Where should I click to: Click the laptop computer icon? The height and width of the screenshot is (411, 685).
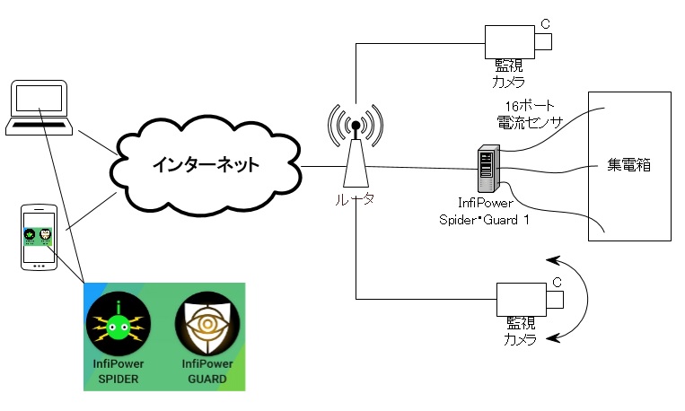point(38,108)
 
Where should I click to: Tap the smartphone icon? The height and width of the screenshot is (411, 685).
point(39,238)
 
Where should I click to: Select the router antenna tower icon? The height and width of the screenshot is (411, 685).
point(356,148)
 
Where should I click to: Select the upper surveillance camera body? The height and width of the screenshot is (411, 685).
point(511,41)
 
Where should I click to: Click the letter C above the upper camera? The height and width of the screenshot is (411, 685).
point(544,24)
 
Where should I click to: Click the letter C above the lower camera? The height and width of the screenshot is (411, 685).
point(556,283)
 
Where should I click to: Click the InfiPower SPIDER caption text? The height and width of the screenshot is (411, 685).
point(119,371)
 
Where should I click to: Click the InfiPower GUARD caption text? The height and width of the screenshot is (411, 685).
point(206,371)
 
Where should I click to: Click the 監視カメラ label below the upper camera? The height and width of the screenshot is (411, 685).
point(509,74)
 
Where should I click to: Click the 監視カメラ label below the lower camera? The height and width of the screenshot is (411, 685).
point(520,331)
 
